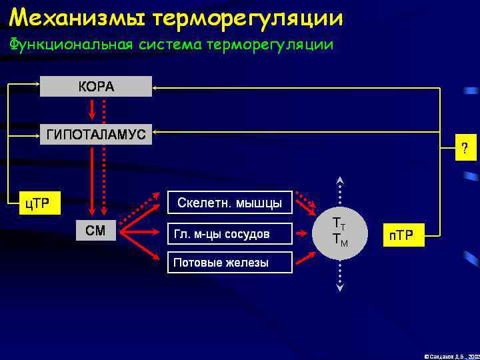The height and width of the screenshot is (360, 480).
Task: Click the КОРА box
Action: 96,87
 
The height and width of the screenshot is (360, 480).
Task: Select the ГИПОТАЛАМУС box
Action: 96,134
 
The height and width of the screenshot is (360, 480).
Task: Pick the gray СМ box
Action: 96,231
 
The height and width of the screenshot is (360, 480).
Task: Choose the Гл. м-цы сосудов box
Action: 229,233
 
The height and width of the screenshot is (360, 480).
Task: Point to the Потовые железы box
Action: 229,262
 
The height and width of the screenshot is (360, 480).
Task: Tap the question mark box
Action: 465,148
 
